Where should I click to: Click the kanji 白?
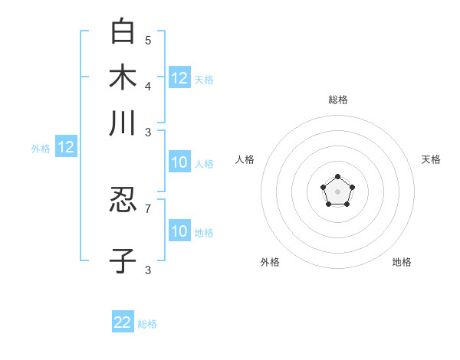123,31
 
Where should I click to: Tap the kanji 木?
123,78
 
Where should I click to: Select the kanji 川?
123,124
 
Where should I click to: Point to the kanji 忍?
123,201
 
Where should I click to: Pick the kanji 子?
123,261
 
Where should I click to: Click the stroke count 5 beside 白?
148,41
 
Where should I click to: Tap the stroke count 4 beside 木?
148,86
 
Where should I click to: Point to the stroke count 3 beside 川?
148,132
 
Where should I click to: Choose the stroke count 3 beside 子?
148,270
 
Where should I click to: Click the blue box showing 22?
123,322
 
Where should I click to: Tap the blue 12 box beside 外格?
66,148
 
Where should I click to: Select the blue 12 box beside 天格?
179,78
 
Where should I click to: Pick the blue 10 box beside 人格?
179,163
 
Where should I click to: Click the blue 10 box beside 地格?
179,231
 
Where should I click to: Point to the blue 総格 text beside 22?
147,324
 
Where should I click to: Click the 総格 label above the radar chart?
337,100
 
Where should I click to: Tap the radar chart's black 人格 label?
245,159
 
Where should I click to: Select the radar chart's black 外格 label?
270,262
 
